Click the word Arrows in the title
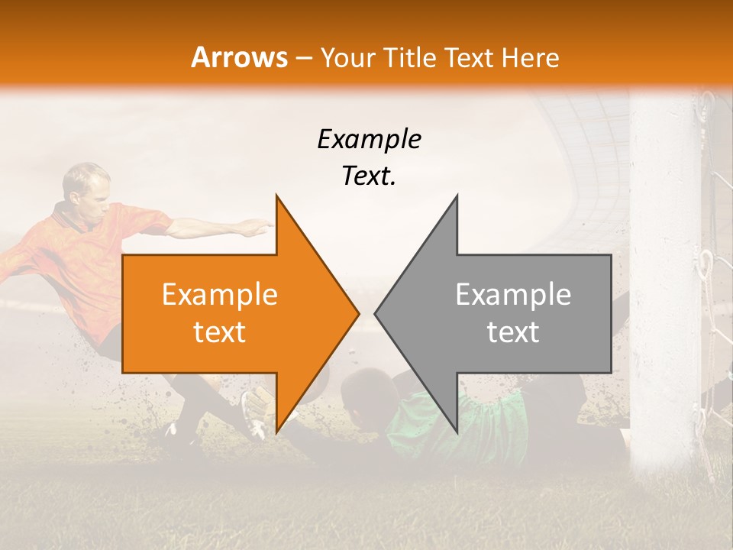pos(239,57)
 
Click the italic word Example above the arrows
pos(370,140)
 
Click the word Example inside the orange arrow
pos(220,295)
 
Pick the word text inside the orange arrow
pos(220,332)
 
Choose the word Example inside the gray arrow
pos(513,295)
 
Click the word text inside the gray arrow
pos(513,332)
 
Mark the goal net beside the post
pos(718,229)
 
